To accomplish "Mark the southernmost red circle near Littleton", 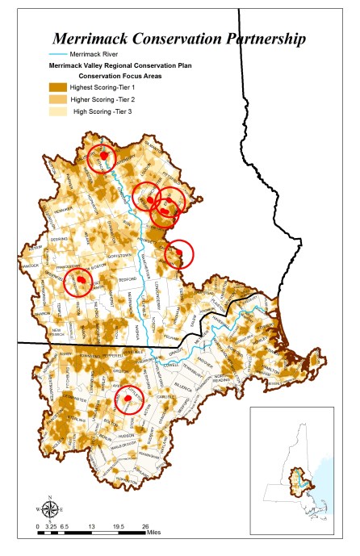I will tap(128, 399).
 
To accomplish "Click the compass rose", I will tap(50, 508).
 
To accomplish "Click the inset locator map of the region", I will tap(299, 475).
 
